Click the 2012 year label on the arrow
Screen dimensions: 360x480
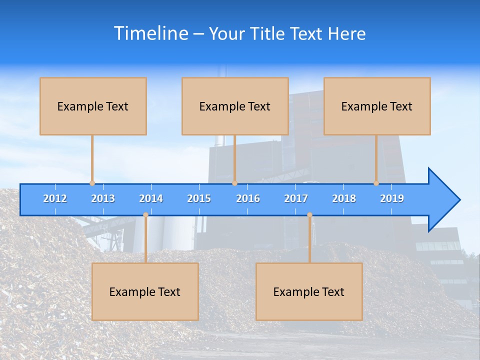[55, 198]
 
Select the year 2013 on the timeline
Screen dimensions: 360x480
[103, 198]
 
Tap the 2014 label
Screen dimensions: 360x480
[151, 198]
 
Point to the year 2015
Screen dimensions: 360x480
[199, 198]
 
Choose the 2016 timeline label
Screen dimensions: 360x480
[248, 198]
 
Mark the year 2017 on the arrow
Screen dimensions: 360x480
[296, 198]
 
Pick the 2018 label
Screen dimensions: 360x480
[344, 198]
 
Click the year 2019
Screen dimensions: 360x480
[392, 198]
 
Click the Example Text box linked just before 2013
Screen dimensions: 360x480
[93, 106]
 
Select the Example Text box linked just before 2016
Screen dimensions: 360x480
[235, 106]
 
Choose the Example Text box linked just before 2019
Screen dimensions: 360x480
[377, 106]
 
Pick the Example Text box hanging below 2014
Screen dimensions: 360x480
[145, 291]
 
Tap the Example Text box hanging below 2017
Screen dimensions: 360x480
[309, 291]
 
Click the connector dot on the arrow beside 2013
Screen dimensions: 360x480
[92, 183]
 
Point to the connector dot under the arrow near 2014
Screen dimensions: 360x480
[145, 215]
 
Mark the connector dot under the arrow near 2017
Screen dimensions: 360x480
[309, 215]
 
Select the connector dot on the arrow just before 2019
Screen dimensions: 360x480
[376, 183]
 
